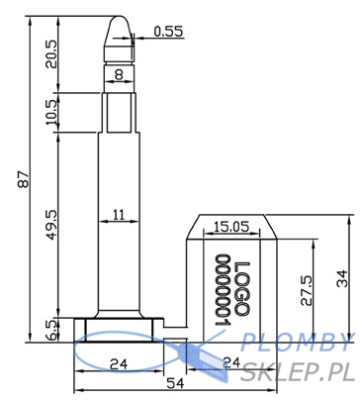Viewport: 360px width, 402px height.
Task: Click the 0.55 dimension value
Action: pyautogui.click(x=168, y=32)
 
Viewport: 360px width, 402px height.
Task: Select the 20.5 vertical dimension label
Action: pyautogui.click(x=51, y=54)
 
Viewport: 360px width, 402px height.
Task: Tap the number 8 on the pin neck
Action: pyautogui.click(x=119, y=75)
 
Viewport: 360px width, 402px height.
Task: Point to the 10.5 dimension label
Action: pyautogui.click(x=51, y=112)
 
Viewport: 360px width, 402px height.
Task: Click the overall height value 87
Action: pyautogui.click(x=23, y=179)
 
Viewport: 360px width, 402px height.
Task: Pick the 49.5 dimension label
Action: pyautogui.click(x=51, y=225)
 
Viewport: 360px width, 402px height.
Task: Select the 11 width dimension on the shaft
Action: pyautogui.click(x=119, y=215)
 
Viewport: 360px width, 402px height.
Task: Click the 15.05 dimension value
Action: pyautogui.click(x=231, y=227)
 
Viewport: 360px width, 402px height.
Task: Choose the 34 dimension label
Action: pyautogui.click(x=342, y=278)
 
